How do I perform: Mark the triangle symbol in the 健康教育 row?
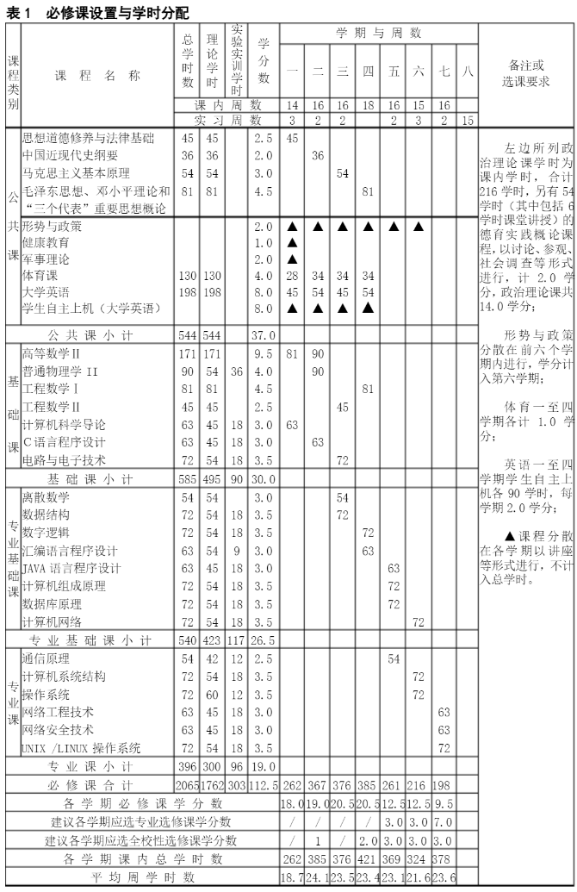(x=292, y=242)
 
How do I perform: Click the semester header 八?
(x=468, y=71)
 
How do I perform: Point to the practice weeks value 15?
(x=468, y=122)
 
